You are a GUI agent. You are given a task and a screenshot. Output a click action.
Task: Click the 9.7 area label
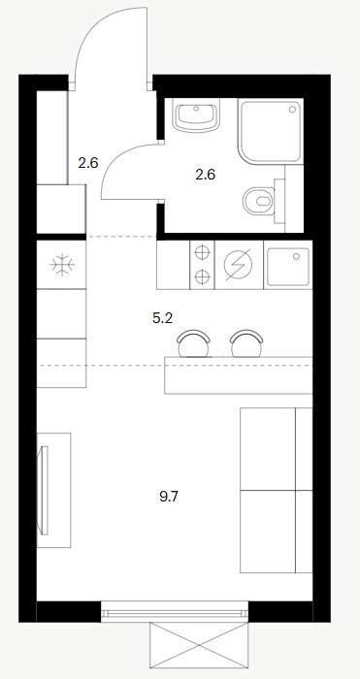pyautogui.click(x=169, y=497)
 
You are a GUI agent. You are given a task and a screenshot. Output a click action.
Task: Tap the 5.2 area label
pyautogui.click(x=162, y=319)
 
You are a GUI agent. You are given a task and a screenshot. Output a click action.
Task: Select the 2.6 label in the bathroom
pyautogui.click(x=206, y=175)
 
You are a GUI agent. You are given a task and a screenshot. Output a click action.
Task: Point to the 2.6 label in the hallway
pyautogui.click(x=88, y=163)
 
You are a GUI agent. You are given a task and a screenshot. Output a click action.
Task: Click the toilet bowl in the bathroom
pyautogui.click(x=259, y=201)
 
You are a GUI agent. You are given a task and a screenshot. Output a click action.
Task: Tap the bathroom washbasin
pyautogui.click(x=196, y=115)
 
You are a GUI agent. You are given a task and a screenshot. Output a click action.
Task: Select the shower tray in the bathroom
pyautogui.click(x=271, y=132)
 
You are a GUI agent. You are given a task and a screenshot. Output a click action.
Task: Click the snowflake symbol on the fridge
pyautogui.click(x=62, y=265)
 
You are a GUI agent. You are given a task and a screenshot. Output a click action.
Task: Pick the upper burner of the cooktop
pyautogui.click(x=202, y=252)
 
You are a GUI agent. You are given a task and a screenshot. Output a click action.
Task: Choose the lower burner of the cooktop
pyautogui.click(x=202, y=276)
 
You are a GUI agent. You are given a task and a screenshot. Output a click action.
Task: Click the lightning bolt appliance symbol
pyautogui.click(x=239, y=265)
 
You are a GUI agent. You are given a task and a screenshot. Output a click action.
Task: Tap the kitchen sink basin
pyautogui.click(x=288, y=267)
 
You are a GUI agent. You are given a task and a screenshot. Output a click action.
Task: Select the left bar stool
pyautogui.click(x=193, y=343)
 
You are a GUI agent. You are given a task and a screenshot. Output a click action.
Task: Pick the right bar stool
pyautogui.click(x=246, y=343)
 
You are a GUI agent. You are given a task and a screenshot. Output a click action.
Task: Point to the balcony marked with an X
pyautogui.click(x=199, y=645)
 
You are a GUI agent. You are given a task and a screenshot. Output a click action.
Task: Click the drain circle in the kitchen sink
pyautogui.click(x=296, y=256)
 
